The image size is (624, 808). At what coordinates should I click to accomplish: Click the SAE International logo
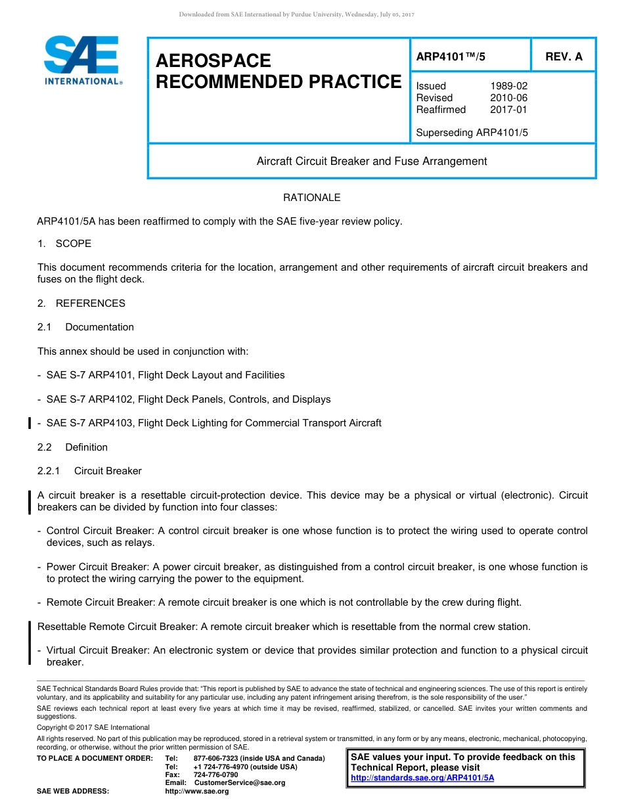click(x=82, y=60)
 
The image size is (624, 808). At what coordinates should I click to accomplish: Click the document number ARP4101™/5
click(x=451, y=57)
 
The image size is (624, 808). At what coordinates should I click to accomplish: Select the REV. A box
click(x=564, y=57)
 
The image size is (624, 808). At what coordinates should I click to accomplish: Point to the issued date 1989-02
click(x=508, y=86)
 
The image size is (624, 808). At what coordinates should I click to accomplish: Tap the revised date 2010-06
click(x=508, y=98)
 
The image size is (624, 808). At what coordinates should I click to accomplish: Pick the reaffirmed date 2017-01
click(x=508, y=110)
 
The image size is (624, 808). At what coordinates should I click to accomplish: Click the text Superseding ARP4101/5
click(x=472, y=133)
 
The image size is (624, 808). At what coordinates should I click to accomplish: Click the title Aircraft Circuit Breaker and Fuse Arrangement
click(x=372, y=161)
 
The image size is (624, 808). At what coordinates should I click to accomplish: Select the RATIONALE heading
click(x=311, y=198)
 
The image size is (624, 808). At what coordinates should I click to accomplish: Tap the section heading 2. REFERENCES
click(x=81, y=303)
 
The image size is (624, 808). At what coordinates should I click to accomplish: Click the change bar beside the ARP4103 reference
click(x=30, y=423)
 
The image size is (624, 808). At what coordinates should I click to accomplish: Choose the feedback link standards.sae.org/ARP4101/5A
click(x=422, y=778)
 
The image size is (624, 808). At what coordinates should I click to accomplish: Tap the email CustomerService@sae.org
click(x=240, y=783)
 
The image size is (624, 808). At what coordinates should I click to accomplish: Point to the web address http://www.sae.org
click(x=197, y=792)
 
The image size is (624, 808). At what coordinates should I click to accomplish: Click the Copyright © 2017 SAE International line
click(x=93, y=727)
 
